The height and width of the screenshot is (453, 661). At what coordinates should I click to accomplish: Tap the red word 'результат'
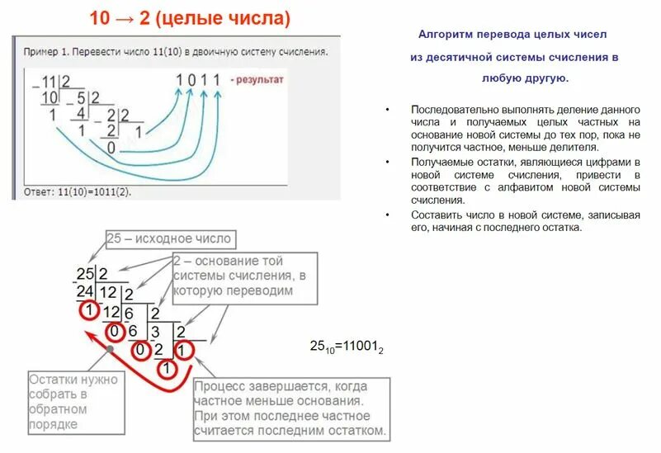pyautogui.click(x=260, y=80)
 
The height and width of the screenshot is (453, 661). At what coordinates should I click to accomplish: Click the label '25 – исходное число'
pyautogui.click(x=169, y=239)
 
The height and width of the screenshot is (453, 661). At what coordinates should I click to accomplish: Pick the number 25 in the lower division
pyautogui.click(x=85, y=275)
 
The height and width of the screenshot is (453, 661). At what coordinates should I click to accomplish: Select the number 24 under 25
pyautogui.click(x=85, y=292)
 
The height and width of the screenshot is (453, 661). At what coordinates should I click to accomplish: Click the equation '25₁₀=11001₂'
pyautogui.click(x=345, y=349)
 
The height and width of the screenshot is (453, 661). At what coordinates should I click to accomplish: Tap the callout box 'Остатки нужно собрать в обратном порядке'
pyautogui.click(x=73, y=402)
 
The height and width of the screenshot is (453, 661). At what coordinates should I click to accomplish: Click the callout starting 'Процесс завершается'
pyautogui.click(x=290, y=408)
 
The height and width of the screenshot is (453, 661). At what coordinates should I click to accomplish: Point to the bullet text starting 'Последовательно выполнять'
pyautogui.click(x=525, y=128)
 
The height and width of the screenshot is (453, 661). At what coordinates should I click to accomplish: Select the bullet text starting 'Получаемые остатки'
pyautogui.click(x=525, y=182)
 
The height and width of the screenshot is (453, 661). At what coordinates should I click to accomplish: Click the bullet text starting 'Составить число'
pyautogui.click(x=525, y=220)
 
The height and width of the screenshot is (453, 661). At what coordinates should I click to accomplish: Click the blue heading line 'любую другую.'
pyautogui.click(x=523, y=78)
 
